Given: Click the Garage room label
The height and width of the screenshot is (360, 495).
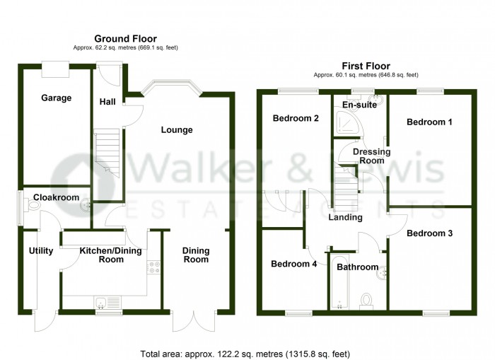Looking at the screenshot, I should tap(56, 98).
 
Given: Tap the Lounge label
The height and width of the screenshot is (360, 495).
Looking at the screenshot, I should tap(177, 129).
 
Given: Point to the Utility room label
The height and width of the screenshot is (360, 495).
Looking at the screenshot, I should tap(41, 251).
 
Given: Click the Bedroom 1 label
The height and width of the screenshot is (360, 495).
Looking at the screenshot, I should tap(429, 122).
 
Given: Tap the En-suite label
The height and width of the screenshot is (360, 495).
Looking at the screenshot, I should tap(359, 105).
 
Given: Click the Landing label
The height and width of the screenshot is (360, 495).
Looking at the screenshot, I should tap(345, 217).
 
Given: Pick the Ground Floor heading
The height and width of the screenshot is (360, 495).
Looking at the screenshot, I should tap(126, 38).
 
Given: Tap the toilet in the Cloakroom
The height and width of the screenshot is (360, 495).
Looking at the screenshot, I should tap(32, 207).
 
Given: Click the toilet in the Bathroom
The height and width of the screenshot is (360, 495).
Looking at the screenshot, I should tap(367, 301).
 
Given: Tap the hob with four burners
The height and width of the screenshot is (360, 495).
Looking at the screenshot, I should tap(153, 268).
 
